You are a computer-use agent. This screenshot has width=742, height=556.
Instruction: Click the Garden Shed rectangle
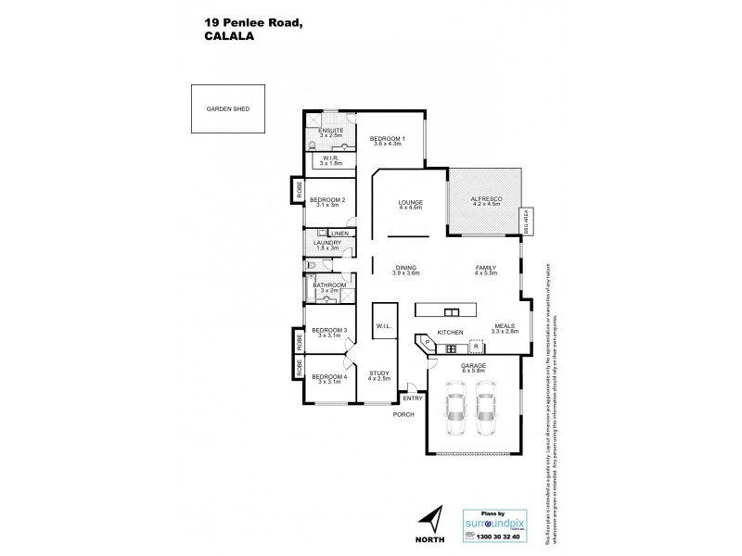coord(228,109)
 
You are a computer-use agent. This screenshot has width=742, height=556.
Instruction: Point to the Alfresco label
coord(487,200)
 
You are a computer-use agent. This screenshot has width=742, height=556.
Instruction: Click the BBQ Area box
coord(524,221)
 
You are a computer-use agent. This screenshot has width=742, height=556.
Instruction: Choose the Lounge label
coord(410,202)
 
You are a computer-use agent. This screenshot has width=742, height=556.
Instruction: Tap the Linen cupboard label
coord(339,233)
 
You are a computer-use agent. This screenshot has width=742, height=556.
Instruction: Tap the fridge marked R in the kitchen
coord(477,347)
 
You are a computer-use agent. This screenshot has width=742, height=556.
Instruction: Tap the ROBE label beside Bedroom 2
coord(300,191)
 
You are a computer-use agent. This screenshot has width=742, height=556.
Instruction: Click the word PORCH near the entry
coord(403,414)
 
